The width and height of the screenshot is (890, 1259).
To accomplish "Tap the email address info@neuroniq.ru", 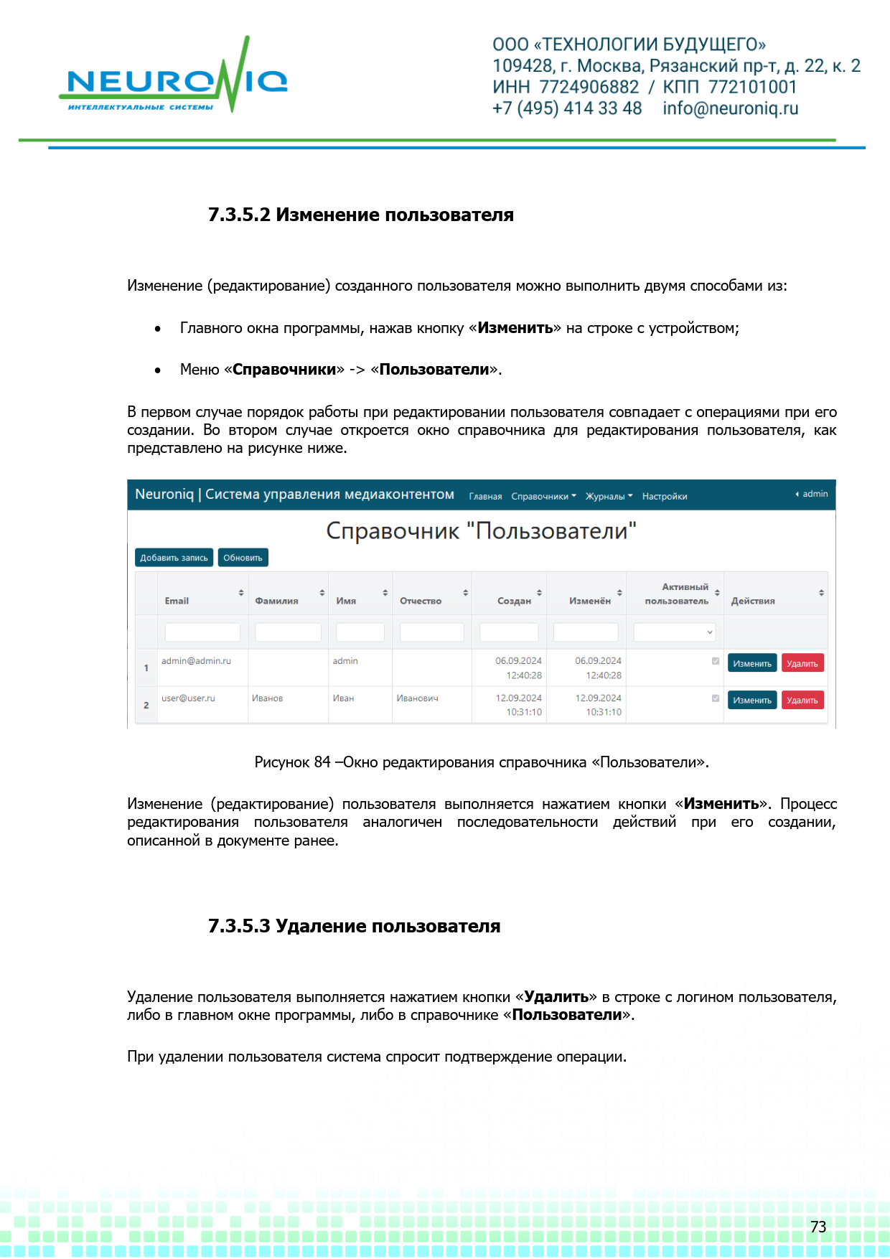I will pyautogui.click(x=730, y=108).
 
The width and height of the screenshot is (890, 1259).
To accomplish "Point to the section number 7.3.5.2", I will pyautogui.click(x=239, y=215).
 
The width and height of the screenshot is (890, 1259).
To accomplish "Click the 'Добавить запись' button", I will pyautogui.click(x=174, y=558).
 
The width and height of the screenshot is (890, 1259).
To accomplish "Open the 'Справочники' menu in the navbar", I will pyautogui.click(x=543, y=496).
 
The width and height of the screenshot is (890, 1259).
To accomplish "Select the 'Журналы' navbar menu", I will pyautogui.click(x=609, y=496).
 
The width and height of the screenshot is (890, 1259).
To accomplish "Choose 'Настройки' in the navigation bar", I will pyautogui.click(x=664, y=496).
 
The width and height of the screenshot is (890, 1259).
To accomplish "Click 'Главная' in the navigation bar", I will pyautogui.click(x=485, y=496).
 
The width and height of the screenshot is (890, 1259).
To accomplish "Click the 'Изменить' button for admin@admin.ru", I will pyautogui.click(x=751, y=663).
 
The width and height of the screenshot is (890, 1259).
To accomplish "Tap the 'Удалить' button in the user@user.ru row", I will pyautogui.click(x=802, y=700).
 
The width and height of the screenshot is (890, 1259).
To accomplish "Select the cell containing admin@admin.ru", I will pyautogui.click(x=196, y=661).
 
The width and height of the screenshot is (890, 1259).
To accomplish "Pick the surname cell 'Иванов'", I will pyautogui.click(x=267, y=698).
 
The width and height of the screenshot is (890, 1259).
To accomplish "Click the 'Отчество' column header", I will pyautogui.click(x=421, y=601).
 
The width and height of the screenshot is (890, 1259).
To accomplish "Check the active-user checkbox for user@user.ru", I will pyautogui.click(x=715, y=698).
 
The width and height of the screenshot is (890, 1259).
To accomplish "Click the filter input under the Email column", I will pyautogui.click(x=202, y=632).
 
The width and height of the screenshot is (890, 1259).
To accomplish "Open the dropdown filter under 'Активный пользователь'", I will pyautogui.click(x=674, y=632).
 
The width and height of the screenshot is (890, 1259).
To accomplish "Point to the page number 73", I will pyautogui.click(x=818, y=1227).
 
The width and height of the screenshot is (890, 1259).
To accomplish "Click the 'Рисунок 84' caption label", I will pyautogui.click(x=292, y=762).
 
